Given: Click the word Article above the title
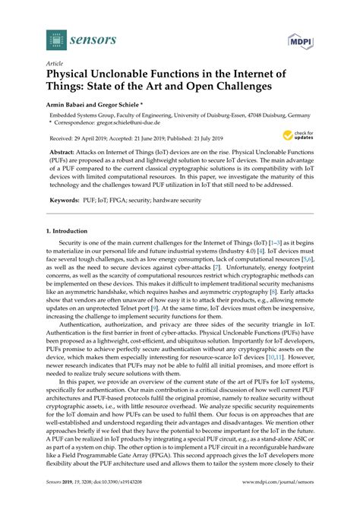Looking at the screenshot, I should (55, 65).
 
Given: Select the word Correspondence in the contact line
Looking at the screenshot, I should (77, 122).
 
